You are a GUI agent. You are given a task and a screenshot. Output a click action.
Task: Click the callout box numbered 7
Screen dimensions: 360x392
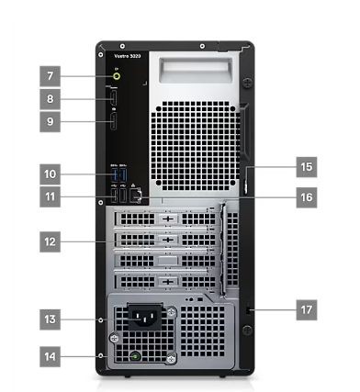pos(51,75)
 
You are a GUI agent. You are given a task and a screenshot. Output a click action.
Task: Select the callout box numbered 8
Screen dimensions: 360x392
pos(51,97)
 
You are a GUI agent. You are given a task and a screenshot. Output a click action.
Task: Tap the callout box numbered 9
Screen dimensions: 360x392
pos(51,119)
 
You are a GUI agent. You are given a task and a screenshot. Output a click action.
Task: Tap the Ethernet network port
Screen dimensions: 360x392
pos(136,194)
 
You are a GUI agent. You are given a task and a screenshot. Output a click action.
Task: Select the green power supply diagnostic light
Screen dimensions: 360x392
pos(136,354)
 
